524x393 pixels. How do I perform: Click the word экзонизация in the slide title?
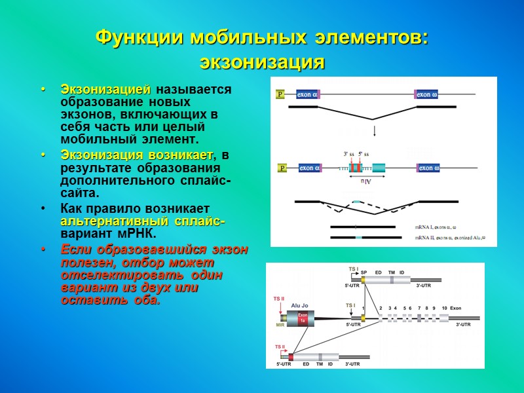pyautogui.click(x=262, y=62)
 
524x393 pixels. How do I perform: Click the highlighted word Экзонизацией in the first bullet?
pyautogui.click(x=105, y=89)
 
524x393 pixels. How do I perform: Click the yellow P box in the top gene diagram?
pyautogui.click(x=280, y=94)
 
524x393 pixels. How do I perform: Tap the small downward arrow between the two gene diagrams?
pyautogui.click(x=373, y=130)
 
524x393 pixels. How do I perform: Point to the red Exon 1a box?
pyautogui.click(x=303, y=319)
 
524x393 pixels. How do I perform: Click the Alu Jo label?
pyautogui.click(x=299, y=305)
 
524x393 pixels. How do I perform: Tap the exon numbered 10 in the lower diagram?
pyautogui.click(x=445, y=317)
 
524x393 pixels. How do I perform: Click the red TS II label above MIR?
pyautogui.click(x=279, y=299)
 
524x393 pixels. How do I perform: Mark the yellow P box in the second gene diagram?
pyautogui.click(x=282, y=168)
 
